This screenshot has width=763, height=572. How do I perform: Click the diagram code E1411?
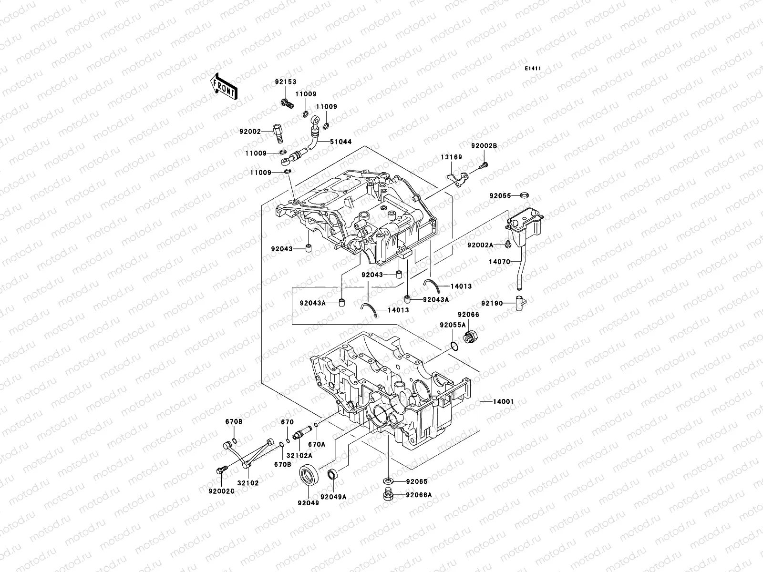point(533,69)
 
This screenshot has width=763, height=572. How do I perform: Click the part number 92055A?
point(453,325)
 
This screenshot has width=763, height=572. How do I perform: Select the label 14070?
point(499,262)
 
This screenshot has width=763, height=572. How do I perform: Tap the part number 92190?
point(492,303)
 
